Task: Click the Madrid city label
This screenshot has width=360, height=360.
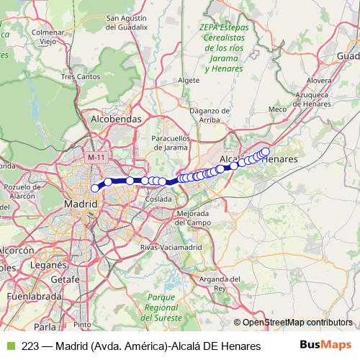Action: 81,204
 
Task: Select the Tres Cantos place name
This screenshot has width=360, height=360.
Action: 79,76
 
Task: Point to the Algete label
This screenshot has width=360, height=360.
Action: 187,81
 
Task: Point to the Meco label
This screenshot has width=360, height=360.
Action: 277,109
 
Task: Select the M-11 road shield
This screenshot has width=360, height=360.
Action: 96,156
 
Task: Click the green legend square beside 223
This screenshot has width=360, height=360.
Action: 10,346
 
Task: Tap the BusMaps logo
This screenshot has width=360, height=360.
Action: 325,345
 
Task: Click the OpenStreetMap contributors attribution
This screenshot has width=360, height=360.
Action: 297,322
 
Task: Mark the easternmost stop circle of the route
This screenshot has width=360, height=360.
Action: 265,151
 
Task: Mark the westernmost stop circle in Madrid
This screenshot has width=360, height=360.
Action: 95,188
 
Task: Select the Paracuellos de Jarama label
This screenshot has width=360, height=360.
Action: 171,142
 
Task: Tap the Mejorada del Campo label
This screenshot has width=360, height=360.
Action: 192,218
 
